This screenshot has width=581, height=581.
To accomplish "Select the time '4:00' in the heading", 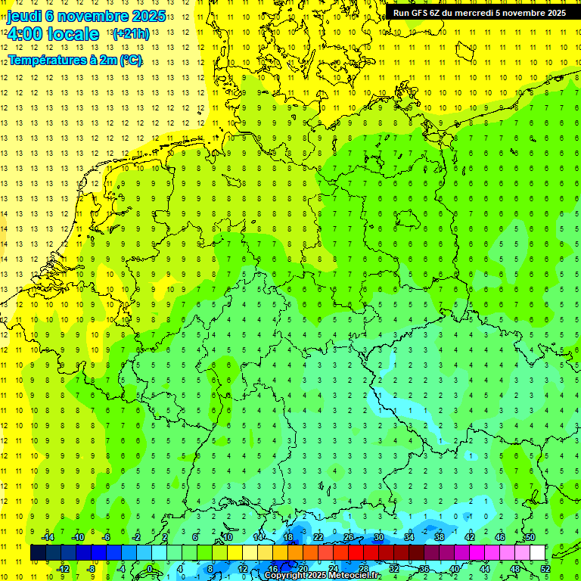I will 24,34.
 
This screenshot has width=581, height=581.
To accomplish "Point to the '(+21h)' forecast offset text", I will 130,34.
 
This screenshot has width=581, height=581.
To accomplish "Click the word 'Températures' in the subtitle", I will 47,61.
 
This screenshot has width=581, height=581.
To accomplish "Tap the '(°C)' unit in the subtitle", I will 131,61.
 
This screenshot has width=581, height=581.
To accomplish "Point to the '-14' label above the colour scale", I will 48,537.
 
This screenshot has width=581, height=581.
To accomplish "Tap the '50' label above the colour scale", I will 530,537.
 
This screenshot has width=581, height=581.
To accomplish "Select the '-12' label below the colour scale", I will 64,569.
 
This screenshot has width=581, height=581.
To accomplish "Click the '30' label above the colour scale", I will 379,537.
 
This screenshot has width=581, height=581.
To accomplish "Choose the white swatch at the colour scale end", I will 538,553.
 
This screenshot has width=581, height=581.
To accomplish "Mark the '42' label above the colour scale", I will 470,537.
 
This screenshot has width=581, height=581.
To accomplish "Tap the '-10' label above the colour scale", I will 78,537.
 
